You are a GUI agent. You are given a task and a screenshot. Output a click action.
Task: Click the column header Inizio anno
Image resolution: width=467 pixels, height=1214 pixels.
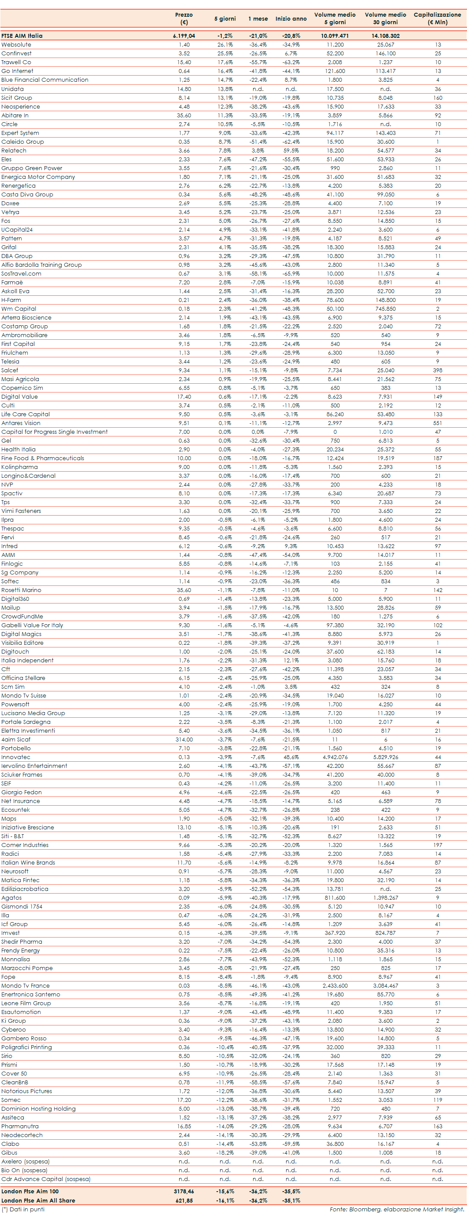pos(291,18)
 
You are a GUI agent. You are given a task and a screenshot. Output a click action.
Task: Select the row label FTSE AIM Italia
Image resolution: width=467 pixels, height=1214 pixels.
pos(22,36)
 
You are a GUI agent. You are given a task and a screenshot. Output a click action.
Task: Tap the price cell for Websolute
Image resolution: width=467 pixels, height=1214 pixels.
pos(184,45)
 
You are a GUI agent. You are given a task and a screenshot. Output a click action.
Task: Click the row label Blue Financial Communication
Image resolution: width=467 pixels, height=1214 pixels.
pos(45,80)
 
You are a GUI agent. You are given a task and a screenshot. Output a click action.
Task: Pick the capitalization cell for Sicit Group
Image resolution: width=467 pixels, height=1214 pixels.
pos(438,98)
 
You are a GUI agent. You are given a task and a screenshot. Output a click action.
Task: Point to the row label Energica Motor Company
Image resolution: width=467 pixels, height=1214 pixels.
pos(38,177)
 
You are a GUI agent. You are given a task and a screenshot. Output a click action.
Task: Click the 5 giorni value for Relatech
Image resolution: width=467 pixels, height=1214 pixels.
pos(225,150)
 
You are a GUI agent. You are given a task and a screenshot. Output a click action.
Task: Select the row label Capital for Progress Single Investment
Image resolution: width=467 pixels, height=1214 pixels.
pos(54,432)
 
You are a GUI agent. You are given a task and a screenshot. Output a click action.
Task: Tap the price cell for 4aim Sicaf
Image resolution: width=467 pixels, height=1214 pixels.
pos(184,739)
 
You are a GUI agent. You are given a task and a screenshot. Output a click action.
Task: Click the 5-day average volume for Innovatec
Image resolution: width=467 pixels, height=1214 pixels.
pos(335,757)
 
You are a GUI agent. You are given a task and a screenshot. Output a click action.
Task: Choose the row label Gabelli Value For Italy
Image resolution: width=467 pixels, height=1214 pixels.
pos(32,625)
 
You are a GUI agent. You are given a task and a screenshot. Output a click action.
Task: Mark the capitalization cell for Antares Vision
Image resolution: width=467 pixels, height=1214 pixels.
pos(438,423)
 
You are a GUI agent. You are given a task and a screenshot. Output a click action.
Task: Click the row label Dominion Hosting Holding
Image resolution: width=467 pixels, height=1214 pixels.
pos(38,1109)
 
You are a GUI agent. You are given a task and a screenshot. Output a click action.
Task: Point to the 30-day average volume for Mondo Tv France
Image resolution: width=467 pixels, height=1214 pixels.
pos(386,985)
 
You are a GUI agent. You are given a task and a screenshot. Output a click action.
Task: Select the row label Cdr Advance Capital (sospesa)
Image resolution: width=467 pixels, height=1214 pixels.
pos(46,1179)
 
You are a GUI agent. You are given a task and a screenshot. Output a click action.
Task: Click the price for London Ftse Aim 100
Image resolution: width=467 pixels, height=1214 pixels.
pos(184,1191)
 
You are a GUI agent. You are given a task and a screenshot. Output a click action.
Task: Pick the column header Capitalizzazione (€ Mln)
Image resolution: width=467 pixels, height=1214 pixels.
pos(437,18)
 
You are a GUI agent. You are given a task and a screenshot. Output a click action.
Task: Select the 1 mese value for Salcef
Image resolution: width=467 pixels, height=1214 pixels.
pos(258,370)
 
